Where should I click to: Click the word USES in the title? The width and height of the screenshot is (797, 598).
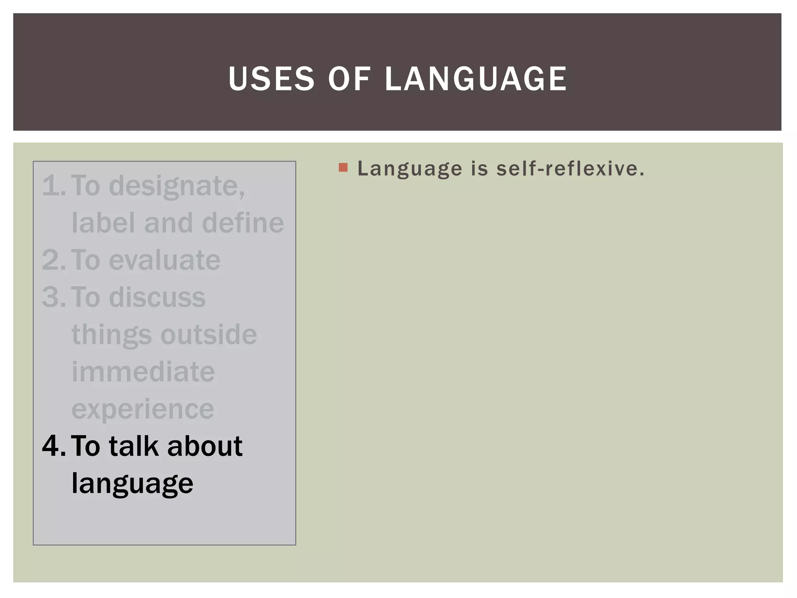click(271, 79)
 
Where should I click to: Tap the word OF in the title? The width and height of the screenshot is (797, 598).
click(349, 79)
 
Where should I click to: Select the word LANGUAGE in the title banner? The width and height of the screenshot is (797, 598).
click(476, 79)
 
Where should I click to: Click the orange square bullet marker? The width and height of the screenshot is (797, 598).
click(343, 168)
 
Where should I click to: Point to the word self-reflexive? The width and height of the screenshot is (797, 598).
click(571, 169)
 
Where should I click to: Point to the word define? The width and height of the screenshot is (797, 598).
click(243, 223)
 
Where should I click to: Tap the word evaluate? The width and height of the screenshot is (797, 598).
click(165, 260)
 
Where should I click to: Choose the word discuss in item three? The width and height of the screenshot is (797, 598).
click(157, 297)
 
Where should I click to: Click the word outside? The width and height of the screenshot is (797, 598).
click(209, 334)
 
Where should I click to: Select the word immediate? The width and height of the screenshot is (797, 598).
click(143, 371)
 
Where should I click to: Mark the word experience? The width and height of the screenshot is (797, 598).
click(143, 410)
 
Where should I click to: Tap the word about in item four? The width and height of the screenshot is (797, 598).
click(205, 446)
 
